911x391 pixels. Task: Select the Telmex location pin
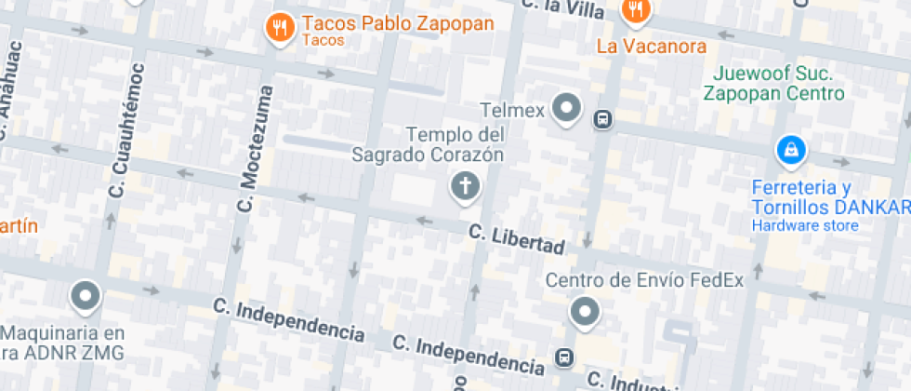click(566, 108)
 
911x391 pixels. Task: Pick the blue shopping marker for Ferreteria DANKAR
click(790, 149)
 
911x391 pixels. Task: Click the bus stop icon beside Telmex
click(602, 119)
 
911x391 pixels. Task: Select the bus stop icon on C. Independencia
click(563, 357)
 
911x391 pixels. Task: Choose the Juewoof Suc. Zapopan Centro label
click(772, 84)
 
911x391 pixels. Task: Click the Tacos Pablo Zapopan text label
click(398, 24)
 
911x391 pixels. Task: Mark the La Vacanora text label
click(651, 46)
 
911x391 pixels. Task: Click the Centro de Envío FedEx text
click(644, 280)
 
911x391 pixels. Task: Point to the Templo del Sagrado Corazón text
click(428, 145)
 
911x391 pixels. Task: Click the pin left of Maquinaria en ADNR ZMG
click(86, 297)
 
